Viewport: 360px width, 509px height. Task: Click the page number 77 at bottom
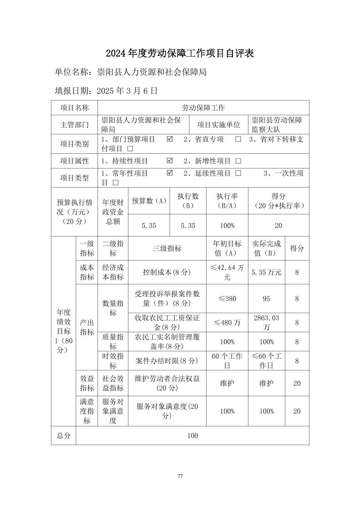(180, 476)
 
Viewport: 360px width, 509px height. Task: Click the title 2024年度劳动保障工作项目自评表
(180, 53)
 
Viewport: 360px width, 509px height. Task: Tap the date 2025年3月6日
(127, 91)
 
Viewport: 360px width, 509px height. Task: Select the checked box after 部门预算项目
(170, 139)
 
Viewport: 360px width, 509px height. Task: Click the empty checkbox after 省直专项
(238, 139)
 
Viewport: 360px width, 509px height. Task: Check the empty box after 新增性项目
(238, 161)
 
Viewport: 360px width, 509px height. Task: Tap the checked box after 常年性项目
(170, 173)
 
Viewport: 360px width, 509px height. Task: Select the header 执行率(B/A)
(227, 201)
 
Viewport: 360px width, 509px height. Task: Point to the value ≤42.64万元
(227, 272)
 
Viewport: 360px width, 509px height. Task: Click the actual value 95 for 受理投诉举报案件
(266, 299)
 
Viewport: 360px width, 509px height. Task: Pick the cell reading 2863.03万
(266, 322)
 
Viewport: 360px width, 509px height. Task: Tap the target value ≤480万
(227, 322)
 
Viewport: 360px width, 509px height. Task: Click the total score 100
(192, 436)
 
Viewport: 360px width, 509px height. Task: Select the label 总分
(63, 436)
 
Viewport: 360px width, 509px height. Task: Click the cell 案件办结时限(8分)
(167, 361)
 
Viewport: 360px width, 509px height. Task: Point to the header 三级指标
(167, 248)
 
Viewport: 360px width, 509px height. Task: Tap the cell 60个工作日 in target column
(227, 361)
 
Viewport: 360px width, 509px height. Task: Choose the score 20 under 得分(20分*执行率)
(278, 226)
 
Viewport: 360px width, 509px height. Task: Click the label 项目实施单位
(219, 125)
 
